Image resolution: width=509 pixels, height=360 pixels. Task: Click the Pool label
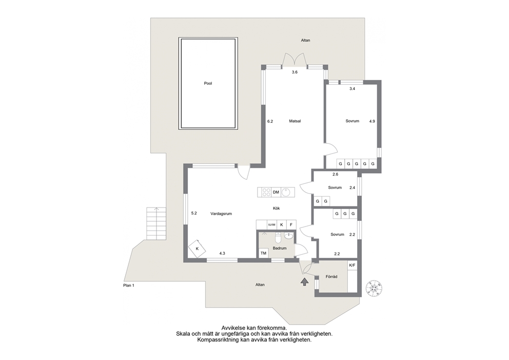tap(208, 83)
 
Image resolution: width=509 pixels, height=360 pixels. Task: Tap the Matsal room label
tap(295, 121)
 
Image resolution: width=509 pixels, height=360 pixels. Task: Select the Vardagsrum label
tap(221, 214)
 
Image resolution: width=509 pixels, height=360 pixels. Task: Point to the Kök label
tap(276, 209)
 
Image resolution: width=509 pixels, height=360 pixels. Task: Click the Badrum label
tap(280, 248)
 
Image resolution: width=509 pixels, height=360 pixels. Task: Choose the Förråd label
tap(331, 276)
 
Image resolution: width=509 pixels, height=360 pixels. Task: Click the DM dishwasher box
tap(276, 193)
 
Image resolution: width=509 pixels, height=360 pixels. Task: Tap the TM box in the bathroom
tap(263, 253)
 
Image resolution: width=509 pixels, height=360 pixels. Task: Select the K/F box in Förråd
tap(352, 265)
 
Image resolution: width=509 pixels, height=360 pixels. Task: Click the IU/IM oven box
tap(272, 224)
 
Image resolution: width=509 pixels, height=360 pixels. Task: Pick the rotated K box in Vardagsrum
tap(197, 249)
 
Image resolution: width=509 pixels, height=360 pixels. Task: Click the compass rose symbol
tap(374, 288)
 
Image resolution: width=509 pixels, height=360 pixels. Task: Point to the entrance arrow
tap(304, 282)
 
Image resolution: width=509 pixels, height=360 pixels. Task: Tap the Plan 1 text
tap(129, 285)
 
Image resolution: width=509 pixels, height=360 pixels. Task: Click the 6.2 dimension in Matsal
tap(270, 121)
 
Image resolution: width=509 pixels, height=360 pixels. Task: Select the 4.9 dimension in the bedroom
tap(372, 121)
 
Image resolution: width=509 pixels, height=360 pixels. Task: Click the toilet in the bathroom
tap(278, 238)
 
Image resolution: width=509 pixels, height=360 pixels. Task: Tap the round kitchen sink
tap(286, 192)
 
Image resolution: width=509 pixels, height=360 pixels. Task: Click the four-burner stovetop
tap(266, 192)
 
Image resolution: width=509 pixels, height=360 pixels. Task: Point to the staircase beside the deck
tap(156, 223)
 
